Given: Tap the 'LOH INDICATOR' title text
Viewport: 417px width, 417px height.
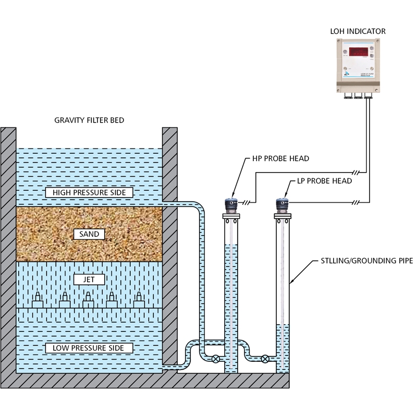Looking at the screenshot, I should tap(358, 31).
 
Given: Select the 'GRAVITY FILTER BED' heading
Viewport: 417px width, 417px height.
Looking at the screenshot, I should tap(89, 120).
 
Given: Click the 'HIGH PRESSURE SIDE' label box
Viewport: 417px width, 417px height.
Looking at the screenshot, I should tap(89, 193).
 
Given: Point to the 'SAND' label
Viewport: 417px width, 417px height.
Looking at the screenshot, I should tap(89, 235).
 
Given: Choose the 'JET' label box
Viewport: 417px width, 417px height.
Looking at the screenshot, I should tap(89, 280).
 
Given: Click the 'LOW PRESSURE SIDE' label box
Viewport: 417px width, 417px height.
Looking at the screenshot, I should tap(89, 348).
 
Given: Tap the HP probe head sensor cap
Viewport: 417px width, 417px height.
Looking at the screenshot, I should tap(230, 204).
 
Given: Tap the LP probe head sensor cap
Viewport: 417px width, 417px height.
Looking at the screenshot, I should tap(281, 204).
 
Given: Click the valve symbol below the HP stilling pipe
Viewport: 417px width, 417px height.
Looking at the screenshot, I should tap(215, 359).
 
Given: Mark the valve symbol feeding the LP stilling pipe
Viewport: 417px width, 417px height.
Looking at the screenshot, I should tap(266, 359).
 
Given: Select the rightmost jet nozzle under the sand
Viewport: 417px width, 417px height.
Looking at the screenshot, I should tap(139, 301).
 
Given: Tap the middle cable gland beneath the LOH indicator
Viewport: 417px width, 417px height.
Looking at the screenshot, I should tap(358, 95).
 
